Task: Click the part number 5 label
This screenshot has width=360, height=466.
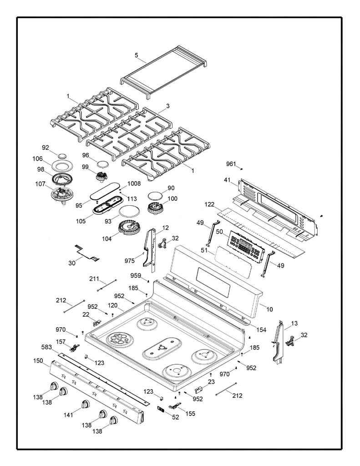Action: (137, 55)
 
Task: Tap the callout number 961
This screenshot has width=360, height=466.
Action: (231, 164)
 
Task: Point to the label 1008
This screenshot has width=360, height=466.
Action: (134, 184)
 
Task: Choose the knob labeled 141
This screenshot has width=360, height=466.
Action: (85, 405)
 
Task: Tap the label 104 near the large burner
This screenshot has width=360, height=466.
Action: (106, 238)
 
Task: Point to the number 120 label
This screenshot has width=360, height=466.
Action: (113, 305)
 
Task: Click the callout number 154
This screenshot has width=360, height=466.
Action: (261, 329)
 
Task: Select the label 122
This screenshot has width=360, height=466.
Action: (209, 205)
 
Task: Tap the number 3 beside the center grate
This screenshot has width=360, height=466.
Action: (168, 106)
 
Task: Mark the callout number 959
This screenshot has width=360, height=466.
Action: (136, 276)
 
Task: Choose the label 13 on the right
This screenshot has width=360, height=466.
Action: (294, 324)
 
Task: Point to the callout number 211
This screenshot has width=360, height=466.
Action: (94, 279)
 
